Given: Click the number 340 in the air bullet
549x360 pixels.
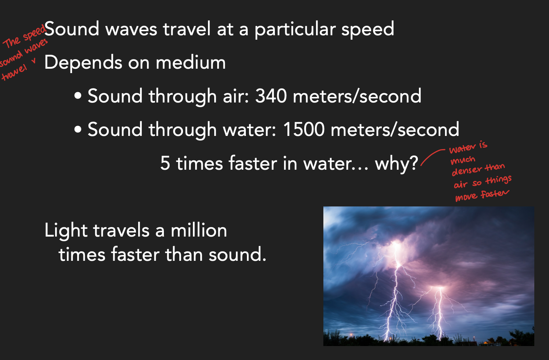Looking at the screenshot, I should point(271,96).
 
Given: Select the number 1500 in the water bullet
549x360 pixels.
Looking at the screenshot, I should point(304,130).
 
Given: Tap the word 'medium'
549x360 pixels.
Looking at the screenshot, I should point(191,63).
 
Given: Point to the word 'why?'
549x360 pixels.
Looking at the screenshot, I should point(396,163).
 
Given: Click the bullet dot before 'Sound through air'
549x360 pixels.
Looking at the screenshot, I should point(78,97).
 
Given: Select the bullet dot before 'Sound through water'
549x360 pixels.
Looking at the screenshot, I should point(78,130).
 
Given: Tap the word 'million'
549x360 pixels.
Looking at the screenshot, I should point(199,231).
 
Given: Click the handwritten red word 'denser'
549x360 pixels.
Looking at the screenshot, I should point(466,171).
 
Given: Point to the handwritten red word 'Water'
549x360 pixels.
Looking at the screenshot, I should point(462,148).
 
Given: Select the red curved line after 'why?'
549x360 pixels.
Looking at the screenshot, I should point(432,156).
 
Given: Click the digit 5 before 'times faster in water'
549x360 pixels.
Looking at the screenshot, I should point(165,163).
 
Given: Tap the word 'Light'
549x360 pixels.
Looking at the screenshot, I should point(66,231).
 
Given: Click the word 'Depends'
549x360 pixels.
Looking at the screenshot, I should point(83,63).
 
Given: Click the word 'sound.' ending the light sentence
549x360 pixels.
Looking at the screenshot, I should point(237,255).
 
